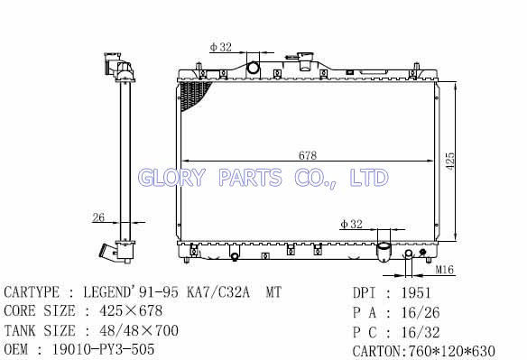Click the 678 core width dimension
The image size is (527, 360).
[x=308, y=155]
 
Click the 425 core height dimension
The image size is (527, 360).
[x=450, y=162]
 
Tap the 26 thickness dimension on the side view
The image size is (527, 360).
[x=98, y=217]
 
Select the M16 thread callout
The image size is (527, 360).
[x=445, y=270]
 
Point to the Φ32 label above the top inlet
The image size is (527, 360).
[x=221, y=47]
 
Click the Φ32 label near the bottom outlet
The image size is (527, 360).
[x=352, y=224]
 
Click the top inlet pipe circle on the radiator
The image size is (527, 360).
[x=253, y=68]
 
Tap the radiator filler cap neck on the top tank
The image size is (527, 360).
[x=306, y=61]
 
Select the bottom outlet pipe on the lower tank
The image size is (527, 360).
[x=384, y=252]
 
